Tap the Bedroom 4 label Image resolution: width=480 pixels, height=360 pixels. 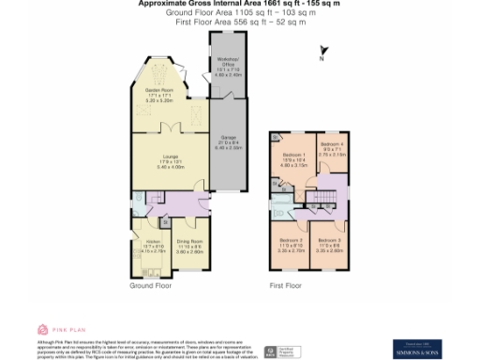click(x=334, y=145)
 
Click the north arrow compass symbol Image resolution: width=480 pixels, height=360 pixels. click(x=323, y=53)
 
